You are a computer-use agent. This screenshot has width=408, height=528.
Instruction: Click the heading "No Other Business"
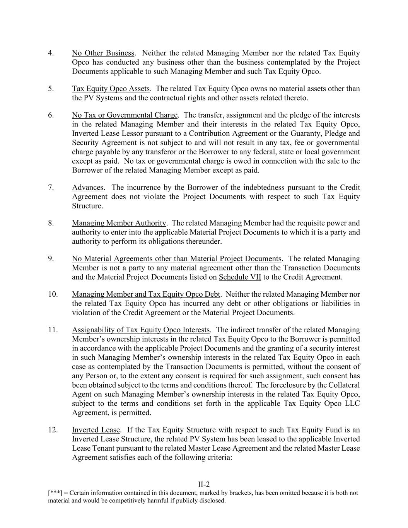103,53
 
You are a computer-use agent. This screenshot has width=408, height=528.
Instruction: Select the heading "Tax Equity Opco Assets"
110,89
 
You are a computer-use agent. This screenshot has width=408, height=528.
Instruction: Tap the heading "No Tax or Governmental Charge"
125,115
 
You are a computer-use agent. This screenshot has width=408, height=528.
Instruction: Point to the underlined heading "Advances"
87,188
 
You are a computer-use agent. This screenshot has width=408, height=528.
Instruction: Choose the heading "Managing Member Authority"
119,223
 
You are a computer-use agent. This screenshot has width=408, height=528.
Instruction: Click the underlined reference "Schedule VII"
240,277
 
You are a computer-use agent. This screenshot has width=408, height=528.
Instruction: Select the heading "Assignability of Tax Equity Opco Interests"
141,330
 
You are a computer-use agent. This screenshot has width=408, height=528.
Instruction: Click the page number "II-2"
204,484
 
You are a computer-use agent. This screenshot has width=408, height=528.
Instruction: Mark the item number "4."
51,53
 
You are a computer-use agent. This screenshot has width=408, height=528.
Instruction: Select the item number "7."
51,188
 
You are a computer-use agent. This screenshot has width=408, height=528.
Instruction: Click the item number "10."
53,294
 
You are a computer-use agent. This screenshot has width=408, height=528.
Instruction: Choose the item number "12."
53,430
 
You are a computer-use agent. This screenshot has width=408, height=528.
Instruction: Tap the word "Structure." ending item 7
87,206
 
